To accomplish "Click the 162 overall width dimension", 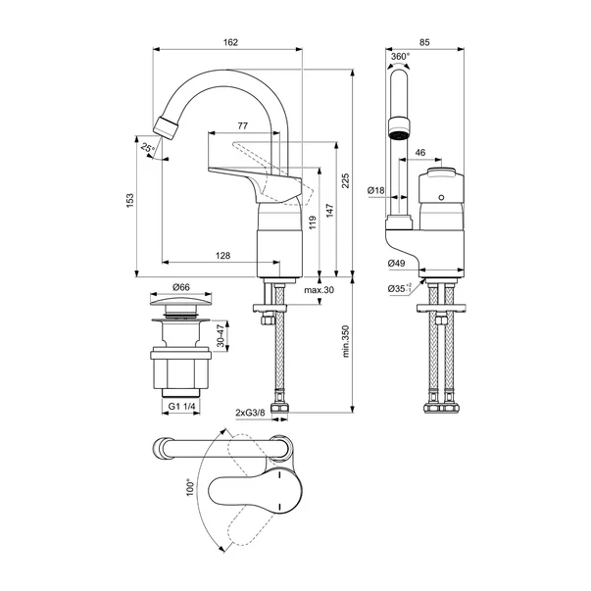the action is coord(230,42).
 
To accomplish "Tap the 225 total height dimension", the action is coord(345,181).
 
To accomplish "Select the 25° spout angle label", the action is coord(147,148).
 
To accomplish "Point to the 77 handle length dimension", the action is coord(243,125).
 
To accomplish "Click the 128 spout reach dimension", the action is coord(222,256).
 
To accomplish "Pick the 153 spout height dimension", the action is coord(130,201).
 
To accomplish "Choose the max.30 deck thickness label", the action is coord(319,290).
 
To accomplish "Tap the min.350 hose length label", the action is coord(346,341).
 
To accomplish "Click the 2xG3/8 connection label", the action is coord(250,413).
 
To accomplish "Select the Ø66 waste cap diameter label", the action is coord(181,287).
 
